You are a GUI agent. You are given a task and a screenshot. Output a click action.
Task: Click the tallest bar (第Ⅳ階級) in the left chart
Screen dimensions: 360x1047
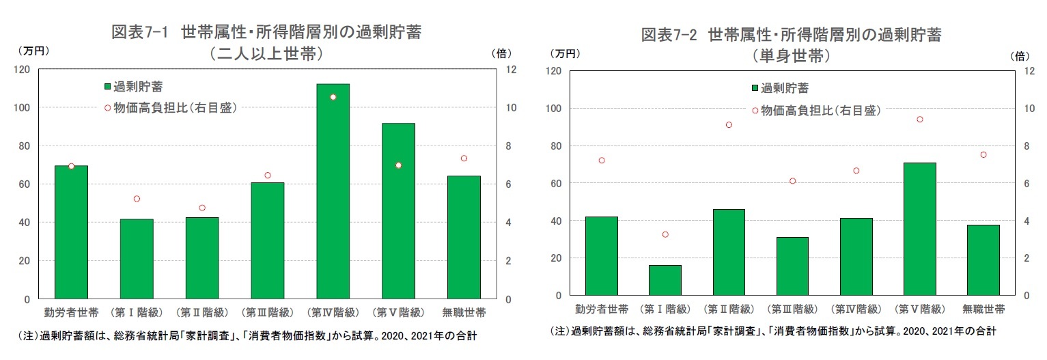click(x=333, y=191)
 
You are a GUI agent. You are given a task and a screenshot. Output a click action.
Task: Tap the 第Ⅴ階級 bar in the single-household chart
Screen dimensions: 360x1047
click(x=919, y=229)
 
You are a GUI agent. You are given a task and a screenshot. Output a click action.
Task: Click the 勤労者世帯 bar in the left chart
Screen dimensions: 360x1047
click(x=71, y=232)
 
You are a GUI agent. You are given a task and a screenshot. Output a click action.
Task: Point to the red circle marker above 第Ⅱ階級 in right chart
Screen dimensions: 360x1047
click(x=729, y=125)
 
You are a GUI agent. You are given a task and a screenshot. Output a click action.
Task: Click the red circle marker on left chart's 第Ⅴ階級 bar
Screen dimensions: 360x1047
click(x=398, y=165)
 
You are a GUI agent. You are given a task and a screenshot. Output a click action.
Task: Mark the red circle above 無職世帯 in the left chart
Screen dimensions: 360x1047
click(x=464, y=158)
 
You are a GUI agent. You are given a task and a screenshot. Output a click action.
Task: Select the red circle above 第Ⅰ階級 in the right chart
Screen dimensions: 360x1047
click(x=665, y=234)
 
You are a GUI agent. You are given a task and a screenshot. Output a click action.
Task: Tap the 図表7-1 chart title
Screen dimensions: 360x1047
click(x=266, y=33)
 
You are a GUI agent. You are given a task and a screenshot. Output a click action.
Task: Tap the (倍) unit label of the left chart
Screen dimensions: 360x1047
click(x=499, y=53)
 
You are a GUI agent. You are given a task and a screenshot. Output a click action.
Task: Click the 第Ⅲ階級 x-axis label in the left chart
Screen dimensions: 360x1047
click(x=267, y=313)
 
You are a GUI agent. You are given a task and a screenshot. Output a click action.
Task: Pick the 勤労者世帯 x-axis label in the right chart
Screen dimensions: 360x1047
click(x=601, y=309)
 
